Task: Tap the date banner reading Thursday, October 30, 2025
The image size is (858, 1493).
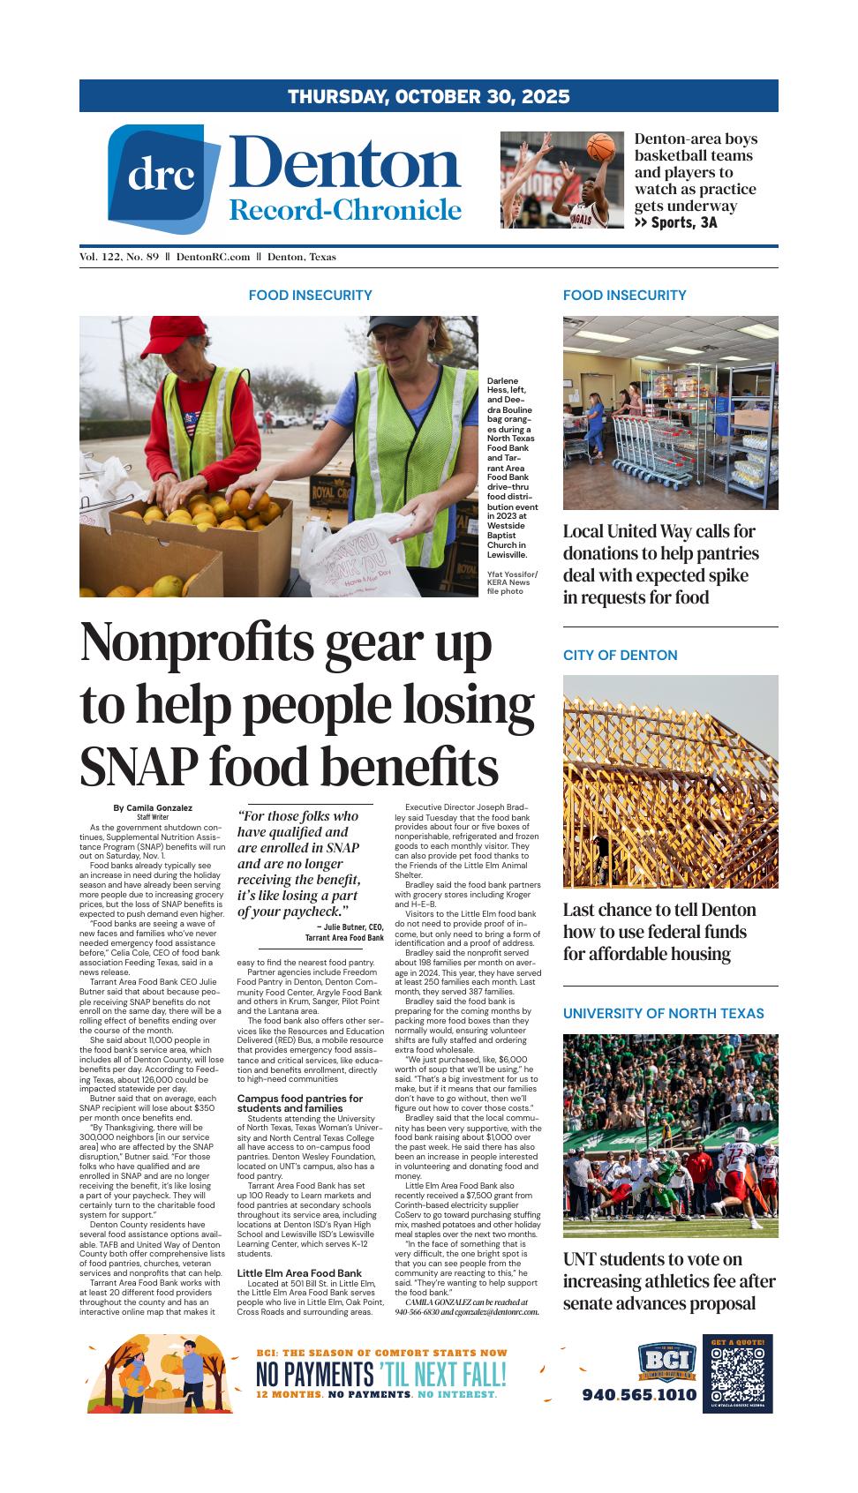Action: tap(428, 96)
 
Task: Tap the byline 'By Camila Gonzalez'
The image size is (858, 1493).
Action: tap(153, 807)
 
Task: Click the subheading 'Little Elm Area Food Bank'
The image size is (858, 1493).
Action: tap(299, 1272)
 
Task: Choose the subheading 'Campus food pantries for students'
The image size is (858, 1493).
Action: tap(299, 1103)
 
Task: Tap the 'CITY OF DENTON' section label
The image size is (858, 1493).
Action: tap(620, 655)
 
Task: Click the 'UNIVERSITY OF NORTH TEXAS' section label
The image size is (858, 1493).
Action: tap(663, 1013)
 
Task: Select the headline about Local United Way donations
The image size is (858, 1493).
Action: tap(660, 564)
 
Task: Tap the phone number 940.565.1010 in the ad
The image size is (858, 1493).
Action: tap(638, 1395)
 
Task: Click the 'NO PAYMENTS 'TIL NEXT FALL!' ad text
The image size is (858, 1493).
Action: tap(380, 1375)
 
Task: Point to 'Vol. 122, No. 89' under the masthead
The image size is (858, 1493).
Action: tap(119, 257)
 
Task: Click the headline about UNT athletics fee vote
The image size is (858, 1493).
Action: tap(668, 1280)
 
